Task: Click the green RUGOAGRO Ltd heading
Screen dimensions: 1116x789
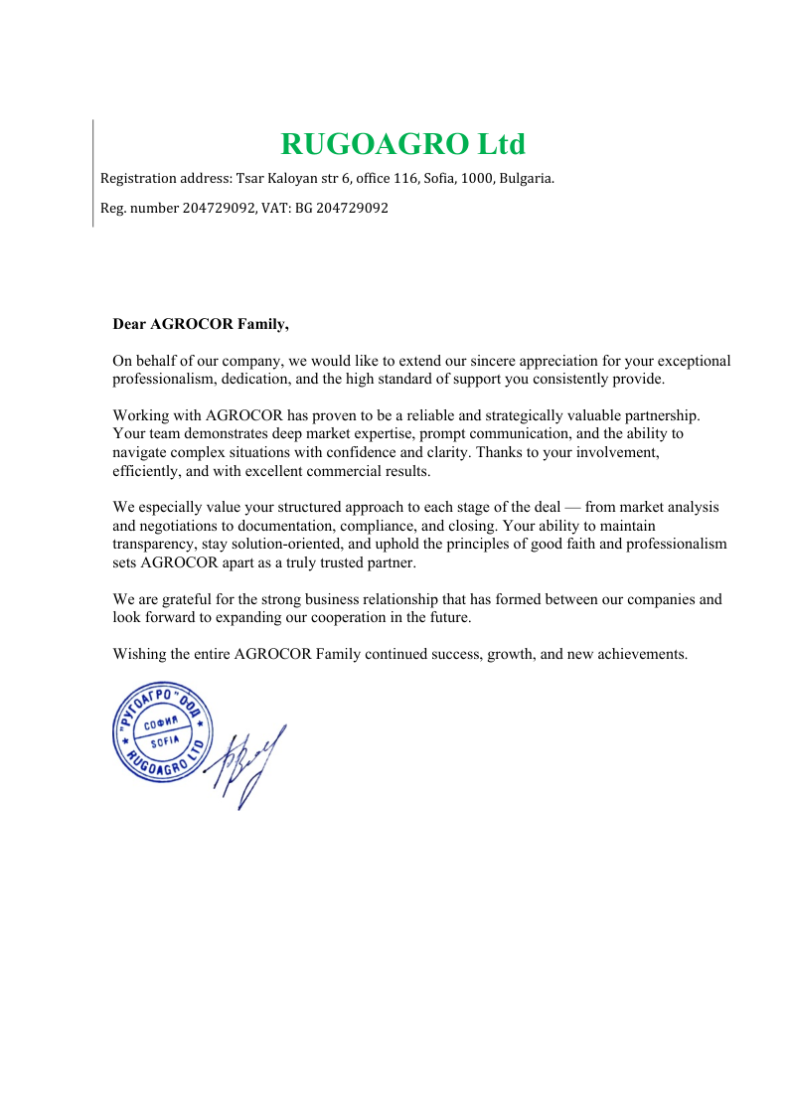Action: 402,144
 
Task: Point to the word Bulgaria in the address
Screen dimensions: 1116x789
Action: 524,180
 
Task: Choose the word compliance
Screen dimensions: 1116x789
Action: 440,526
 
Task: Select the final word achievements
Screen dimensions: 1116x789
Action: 641,654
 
